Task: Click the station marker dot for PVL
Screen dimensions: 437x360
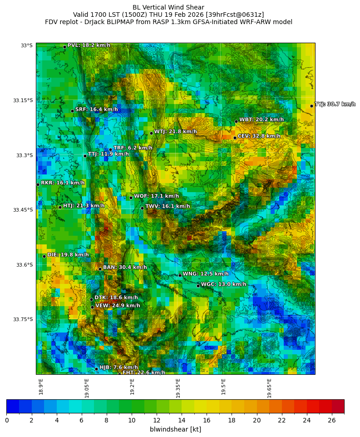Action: (x=64, y=47)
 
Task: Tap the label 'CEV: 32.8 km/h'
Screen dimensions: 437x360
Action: (x=259, y=136)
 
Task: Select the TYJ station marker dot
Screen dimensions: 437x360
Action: (x=311, y=106)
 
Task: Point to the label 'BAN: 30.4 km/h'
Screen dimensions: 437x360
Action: (x=125, y=268)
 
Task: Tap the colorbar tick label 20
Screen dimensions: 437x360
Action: (x=257, y=420)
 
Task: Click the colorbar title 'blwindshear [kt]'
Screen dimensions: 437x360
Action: (x=175, y=429)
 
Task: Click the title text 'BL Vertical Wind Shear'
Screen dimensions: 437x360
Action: (x=168, y=7)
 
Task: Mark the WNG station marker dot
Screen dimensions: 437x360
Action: (x=180, y=275)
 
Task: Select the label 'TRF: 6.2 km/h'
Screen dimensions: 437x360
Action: (x=133, y=148)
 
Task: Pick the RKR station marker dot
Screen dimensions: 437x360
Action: (x=38, y=184)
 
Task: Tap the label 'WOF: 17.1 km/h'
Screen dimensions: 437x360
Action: (x=156, y=196)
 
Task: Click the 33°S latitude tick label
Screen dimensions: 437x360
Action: (x=26, y=45)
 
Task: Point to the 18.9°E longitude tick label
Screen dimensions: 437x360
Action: (x=41, y=387)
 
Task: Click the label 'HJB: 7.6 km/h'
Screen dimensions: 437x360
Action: (x=118, y=367)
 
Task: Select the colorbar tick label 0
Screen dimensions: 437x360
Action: (x=7, y=420)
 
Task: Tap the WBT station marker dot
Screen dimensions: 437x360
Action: (x=236, y=121)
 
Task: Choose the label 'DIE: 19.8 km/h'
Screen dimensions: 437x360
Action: (x=68, y=255)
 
